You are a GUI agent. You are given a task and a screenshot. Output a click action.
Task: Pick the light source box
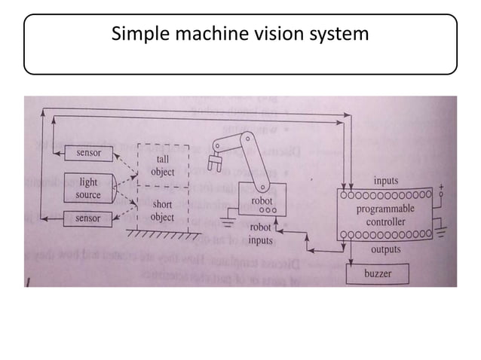coord(87,188)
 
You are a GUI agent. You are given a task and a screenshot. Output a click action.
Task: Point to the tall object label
coord(162,166)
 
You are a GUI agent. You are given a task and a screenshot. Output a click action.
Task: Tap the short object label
coord(162,211)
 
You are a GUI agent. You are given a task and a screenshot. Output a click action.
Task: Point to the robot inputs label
coord(261,234)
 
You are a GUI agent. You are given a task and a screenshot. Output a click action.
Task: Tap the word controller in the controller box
coord(385,222)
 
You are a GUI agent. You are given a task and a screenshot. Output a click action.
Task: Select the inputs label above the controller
coord(386,182)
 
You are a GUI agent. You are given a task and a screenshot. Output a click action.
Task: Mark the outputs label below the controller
coord(386,249)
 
